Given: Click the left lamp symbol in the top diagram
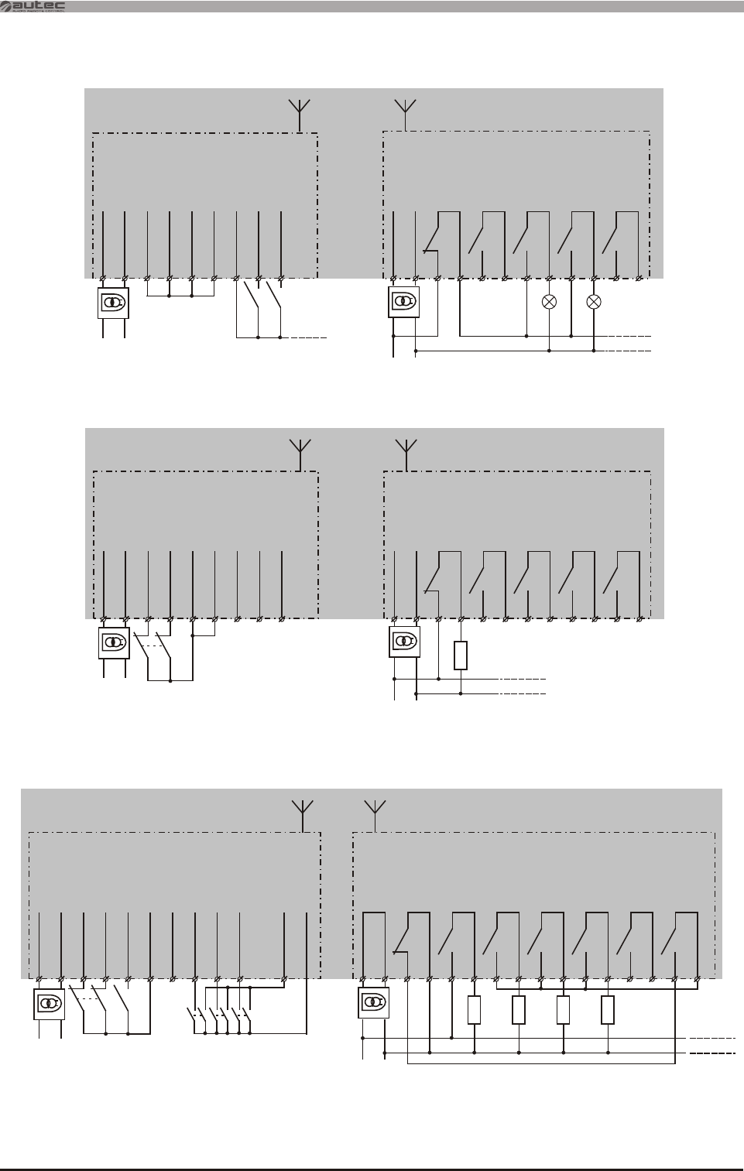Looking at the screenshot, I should pyautogui.click(x=549, y=302).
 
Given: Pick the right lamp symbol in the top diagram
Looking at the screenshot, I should pyautogui.click(x=594, y=302).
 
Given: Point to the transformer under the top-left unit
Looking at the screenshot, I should pyautogui.click(x=113, y=303).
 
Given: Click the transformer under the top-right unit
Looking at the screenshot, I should pyautogui.click(x=403, y=302).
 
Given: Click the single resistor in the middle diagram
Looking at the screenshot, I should pyautogui.click(x=461, y=655).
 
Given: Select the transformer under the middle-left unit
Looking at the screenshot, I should pyautogui.click(x=114, y=642).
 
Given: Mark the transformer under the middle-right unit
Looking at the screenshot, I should pyautogui.click(x=404, y=642).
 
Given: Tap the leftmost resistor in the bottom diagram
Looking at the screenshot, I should pyautogui.click(x=475, y=1010).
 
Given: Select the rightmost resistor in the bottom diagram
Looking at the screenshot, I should pyautogui.click(x=608, y=1010).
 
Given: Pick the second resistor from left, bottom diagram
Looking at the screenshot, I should pyautogui.click(x=519, y=1010).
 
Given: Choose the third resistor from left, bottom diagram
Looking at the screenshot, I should pyautogui.click(x=563, y=1010).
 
